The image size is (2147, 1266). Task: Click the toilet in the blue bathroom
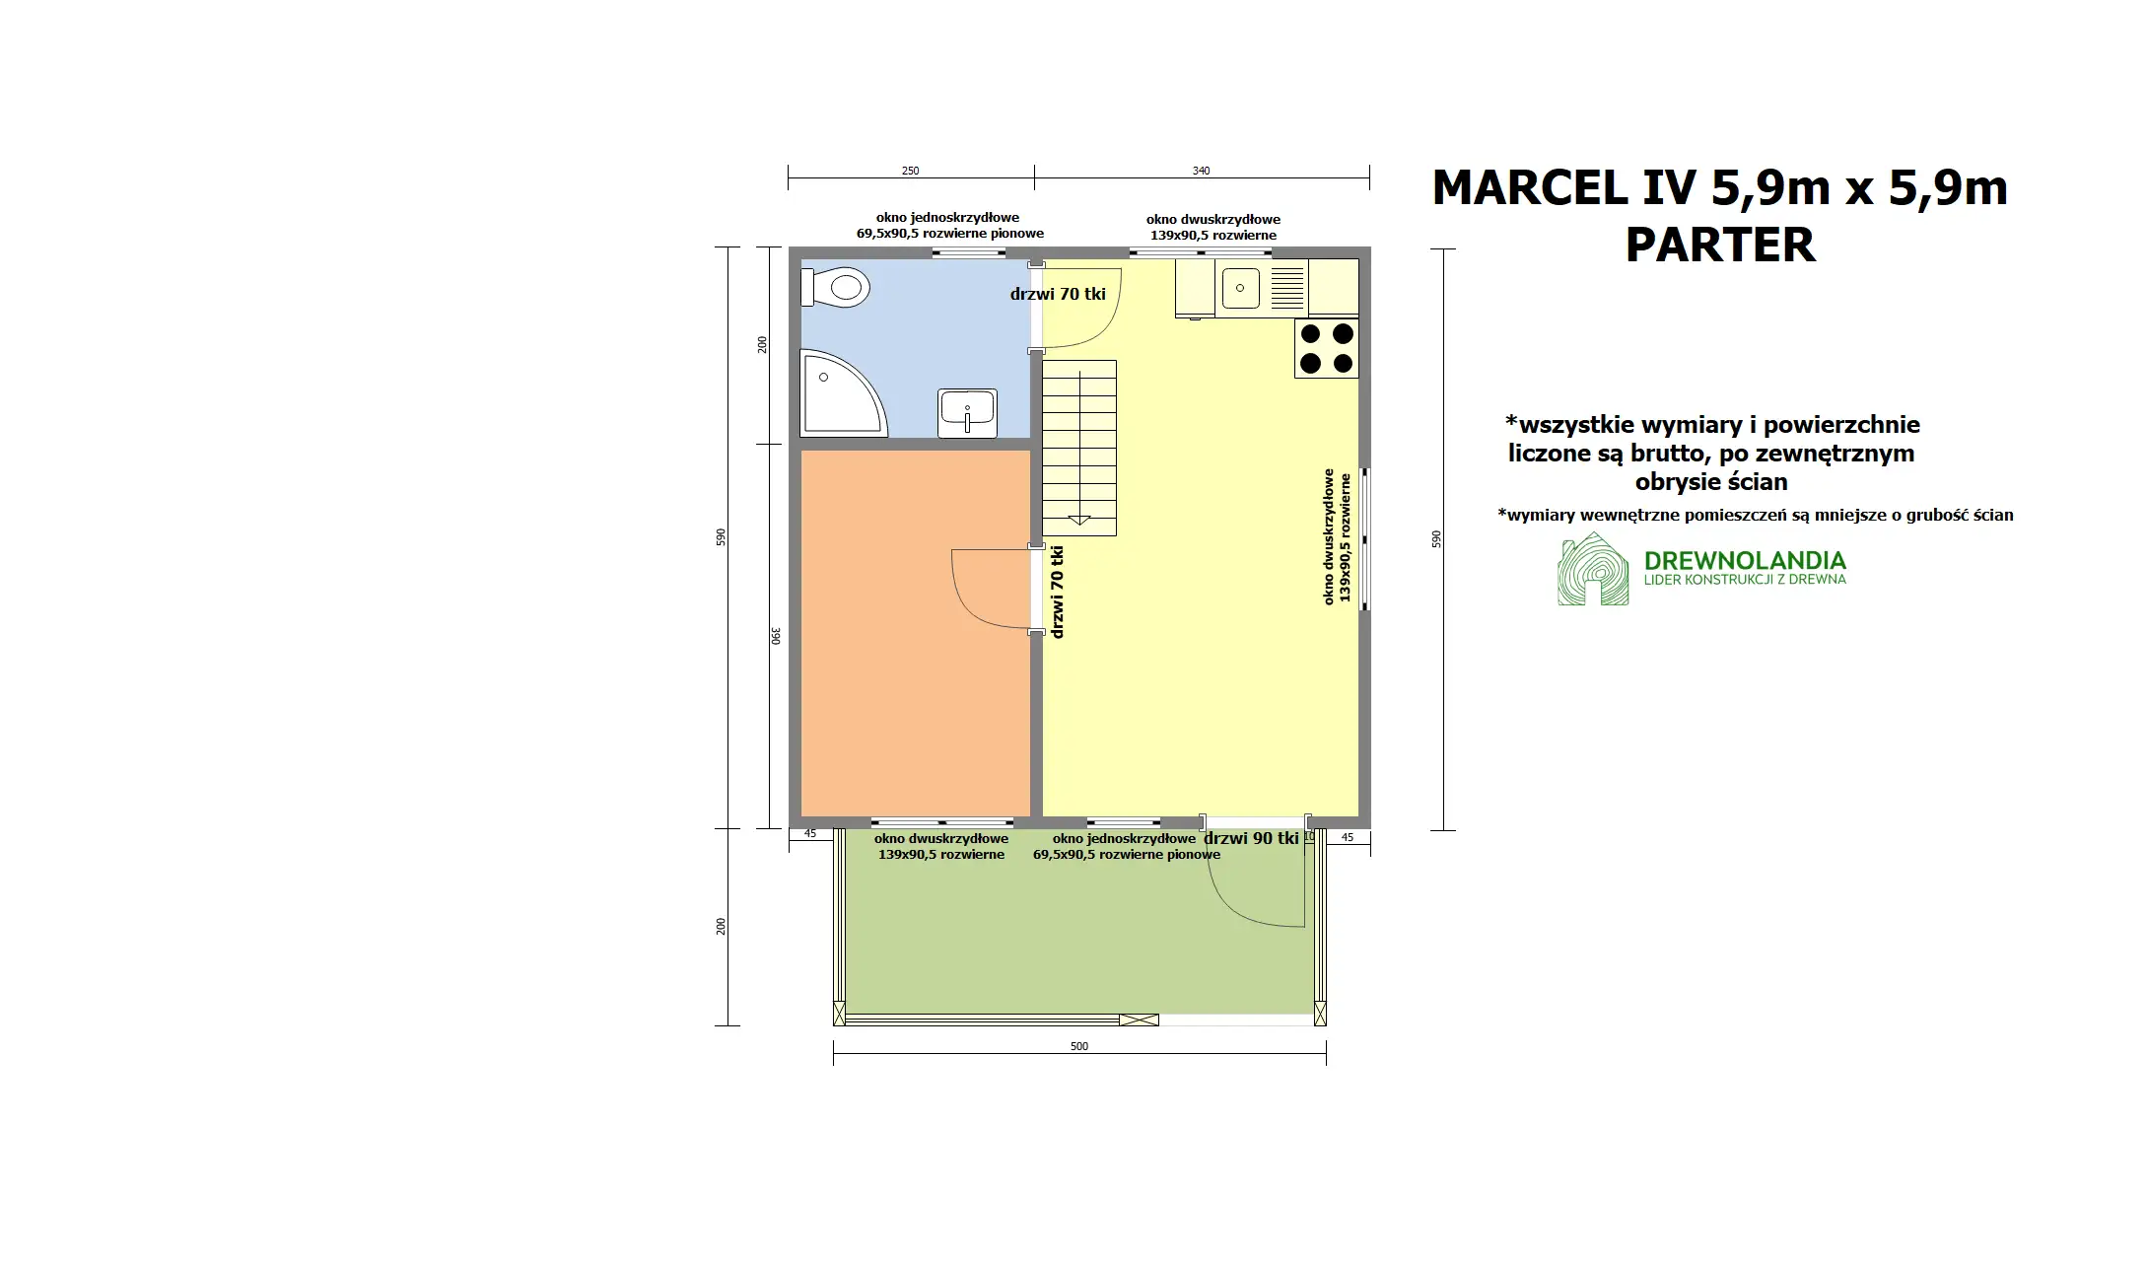point(838,288)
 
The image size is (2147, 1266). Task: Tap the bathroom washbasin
point(967,411)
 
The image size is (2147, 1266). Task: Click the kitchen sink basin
point(1240,288)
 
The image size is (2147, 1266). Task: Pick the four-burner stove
point(1326,348)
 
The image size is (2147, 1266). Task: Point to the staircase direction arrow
point(1078,519)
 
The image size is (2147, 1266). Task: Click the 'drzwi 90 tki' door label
point(1251,838)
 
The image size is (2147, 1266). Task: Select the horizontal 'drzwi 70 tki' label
point(1058,294)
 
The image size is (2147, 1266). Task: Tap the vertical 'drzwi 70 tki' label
point(1058,592)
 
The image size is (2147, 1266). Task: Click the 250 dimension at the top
point(910,171)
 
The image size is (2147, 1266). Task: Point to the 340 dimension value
point(1201,171)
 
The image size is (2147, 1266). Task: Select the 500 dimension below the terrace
point(1079,1046)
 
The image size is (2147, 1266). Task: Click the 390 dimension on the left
point(776,636)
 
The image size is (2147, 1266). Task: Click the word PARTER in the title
point(1719,246)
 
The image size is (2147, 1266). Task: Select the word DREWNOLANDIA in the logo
point(1745,561)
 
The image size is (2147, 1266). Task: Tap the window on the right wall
point(1365,538)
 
